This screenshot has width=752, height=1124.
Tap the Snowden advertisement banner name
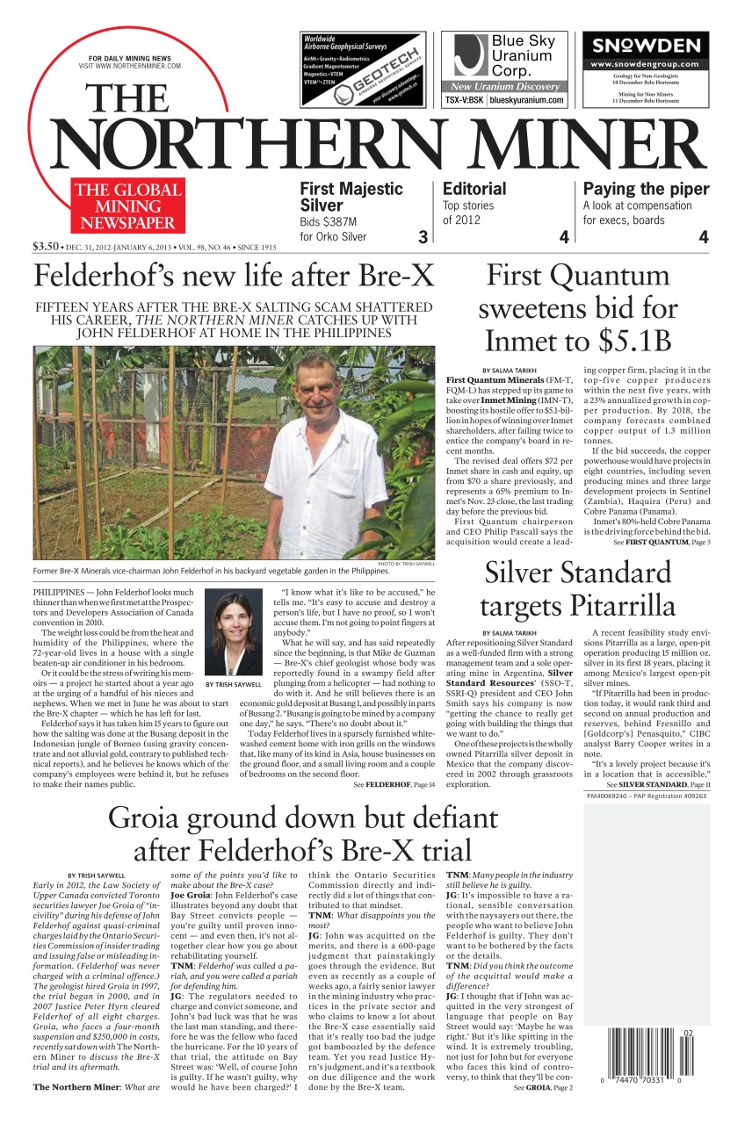coord(646,46)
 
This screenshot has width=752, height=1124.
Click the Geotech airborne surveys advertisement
coord(363,69)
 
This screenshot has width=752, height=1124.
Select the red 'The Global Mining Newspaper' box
coord(127,206)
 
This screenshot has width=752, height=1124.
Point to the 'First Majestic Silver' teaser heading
coord(351,197)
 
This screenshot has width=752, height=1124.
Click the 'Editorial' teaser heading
coord(474,189)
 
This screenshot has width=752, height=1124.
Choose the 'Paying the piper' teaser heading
coord(646,189)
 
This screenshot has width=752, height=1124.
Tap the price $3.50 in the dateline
coord(46,246)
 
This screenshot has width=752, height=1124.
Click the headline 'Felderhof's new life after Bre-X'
coord(234,277)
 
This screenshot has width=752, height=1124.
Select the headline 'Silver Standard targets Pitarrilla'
coord(577,589)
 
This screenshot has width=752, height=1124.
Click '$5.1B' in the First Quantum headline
coord(610,340)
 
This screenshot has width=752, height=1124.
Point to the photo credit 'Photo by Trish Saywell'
coord(406,563)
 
